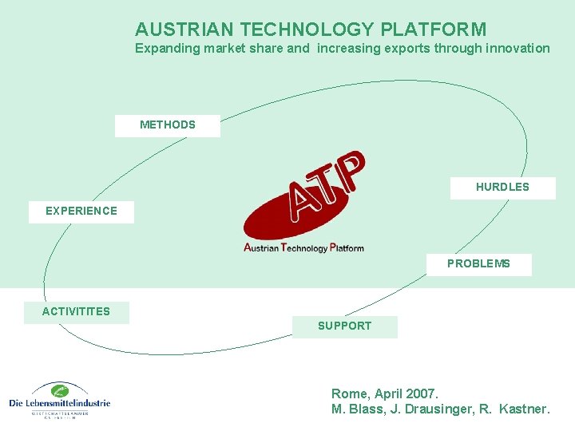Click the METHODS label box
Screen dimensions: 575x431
(167, 125)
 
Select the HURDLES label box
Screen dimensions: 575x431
(502, 188)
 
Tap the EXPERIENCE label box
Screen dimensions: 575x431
(81, 212)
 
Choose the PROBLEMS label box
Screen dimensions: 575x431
(478, 264)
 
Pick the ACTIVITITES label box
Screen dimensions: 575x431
(77, 312)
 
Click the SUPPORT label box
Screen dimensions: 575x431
(344, 326)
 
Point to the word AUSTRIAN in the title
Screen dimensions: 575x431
(185, 30)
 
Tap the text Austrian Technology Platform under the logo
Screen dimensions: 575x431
(303, 247)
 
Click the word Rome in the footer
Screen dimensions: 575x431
(349, 393)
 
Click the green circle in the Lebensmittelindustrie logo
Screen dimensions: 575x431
(59, 390)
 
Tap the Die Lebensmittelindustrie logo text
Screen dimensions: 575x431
(60, 403)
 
